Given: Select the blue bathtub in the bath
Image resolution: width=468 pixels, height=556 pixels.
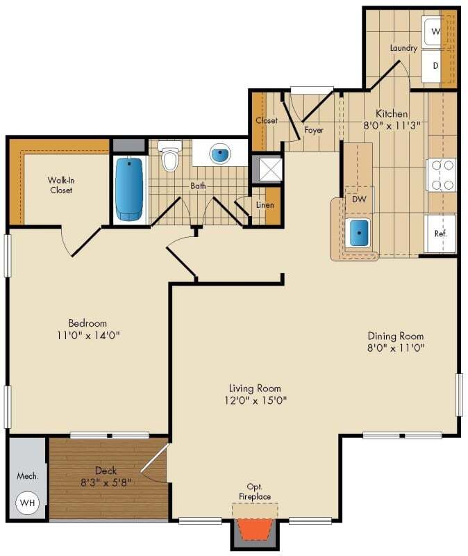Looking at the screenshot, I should pos(130,188).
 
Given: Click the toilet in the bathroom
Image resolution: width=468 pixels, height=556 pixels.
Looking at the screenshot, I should pos(169,158).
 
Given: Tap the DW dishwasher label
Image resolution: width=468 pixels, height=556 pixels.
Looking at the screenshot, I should pos(359,199).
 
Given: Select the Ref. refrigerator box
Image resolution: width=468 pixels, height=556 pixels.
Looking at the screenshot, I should pos(440,234).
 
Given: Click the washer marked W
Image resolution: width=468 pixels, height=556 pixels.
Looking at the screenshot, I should pos(435,31).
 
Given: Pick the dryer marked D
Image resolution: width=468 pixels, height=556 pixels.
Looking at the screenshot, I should pos(435,67).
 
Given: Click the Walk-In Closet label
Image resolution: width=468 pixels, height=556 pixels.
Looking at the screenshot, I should pos(61,185).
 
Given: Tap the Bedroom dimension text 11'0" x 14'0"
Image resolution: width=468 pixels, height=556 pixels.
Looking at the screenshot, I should pos(87,335).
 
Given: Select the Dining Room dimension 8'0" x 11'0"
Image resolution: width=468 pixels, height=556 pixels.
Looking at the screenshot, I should pos(396,347).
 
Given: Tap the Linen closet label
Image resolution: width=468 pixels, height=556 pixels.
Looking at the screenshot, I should pos(265,206).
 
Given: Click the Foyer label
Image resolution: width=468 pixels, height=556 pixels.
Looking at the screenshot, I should pos(314,129).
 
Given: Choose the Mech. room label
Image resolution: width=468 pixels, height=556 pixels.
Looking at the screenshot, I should pos(28,477).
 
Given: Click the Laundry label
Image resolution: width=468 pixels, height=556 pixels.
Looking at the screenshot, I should pos(403,48).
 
